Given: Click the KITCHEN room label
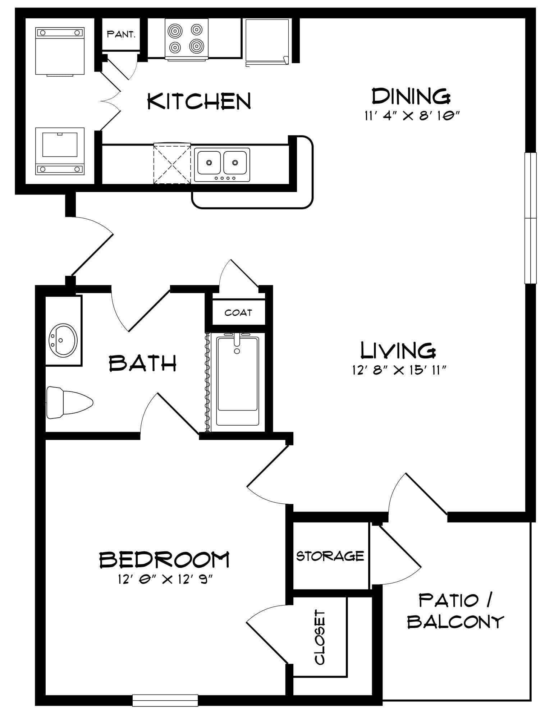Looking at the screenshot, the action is coord(199,101).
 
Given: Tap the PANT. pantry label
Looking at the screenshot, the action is coord(121,35).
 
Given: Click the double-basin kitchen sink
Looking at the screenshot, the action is coord(222,165).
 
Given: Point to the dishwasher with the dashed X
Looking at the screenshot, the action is coord(172,163).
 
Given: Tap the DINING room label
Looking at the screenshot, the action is coord(411,96).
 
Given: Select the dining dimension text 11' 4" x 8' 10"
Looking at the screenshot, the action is coord(412,116).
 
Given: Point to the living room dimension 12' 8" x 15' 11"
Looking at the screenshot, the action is coord(399,370).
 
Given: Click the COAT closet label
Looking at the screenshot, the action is coord(238,312).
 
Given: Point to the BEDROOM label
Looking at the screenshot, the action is coord(164,560).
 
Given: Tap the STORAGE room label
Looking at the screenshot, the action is coord(330,556).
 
